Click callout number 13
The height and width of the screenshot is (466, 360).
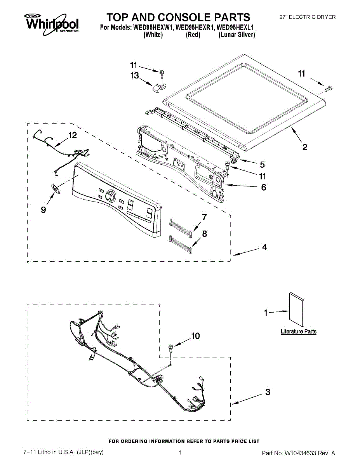pos(135,76)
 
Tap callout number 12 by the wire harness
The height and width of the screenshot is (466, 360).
pos(73,135)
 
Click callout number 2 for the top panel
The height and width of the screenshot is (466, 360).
pos(305,147)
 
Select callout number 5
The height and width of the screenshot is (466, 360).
pos(263,164)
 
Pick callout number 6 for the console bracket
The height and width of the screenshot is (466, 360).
pos(264,187)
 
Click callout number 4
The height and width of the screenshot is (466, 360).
pos(264,247)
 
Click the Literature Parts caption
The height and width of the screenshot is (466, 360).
pos(299,332)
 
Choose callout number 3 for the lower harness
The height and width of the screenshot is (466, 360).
pos(268,392)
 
